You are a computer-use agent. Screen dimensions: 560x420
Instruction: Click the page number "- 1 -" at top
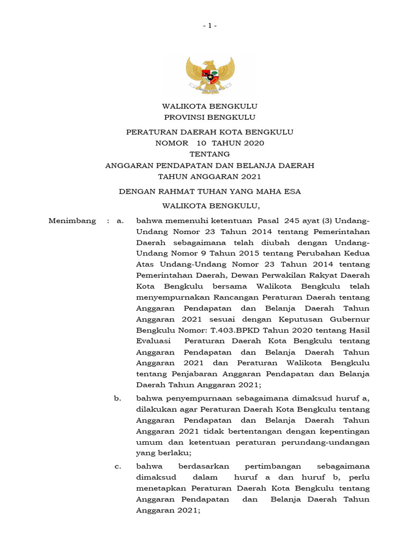click(210, 26)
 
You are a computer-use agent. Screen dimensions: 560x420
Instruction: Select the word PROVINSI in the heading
click(186, 117)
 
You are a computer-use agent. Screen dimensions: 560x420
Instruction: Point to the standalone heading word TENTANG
click(209, 154)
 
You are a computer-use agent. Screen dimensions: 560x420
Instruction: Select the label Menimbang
click(72, 221)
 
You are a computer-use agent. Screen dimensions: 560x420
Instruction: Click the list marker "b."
click(118, 398)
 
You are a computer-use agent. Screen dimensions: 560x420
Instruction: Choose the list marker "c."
click(118, 466)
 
